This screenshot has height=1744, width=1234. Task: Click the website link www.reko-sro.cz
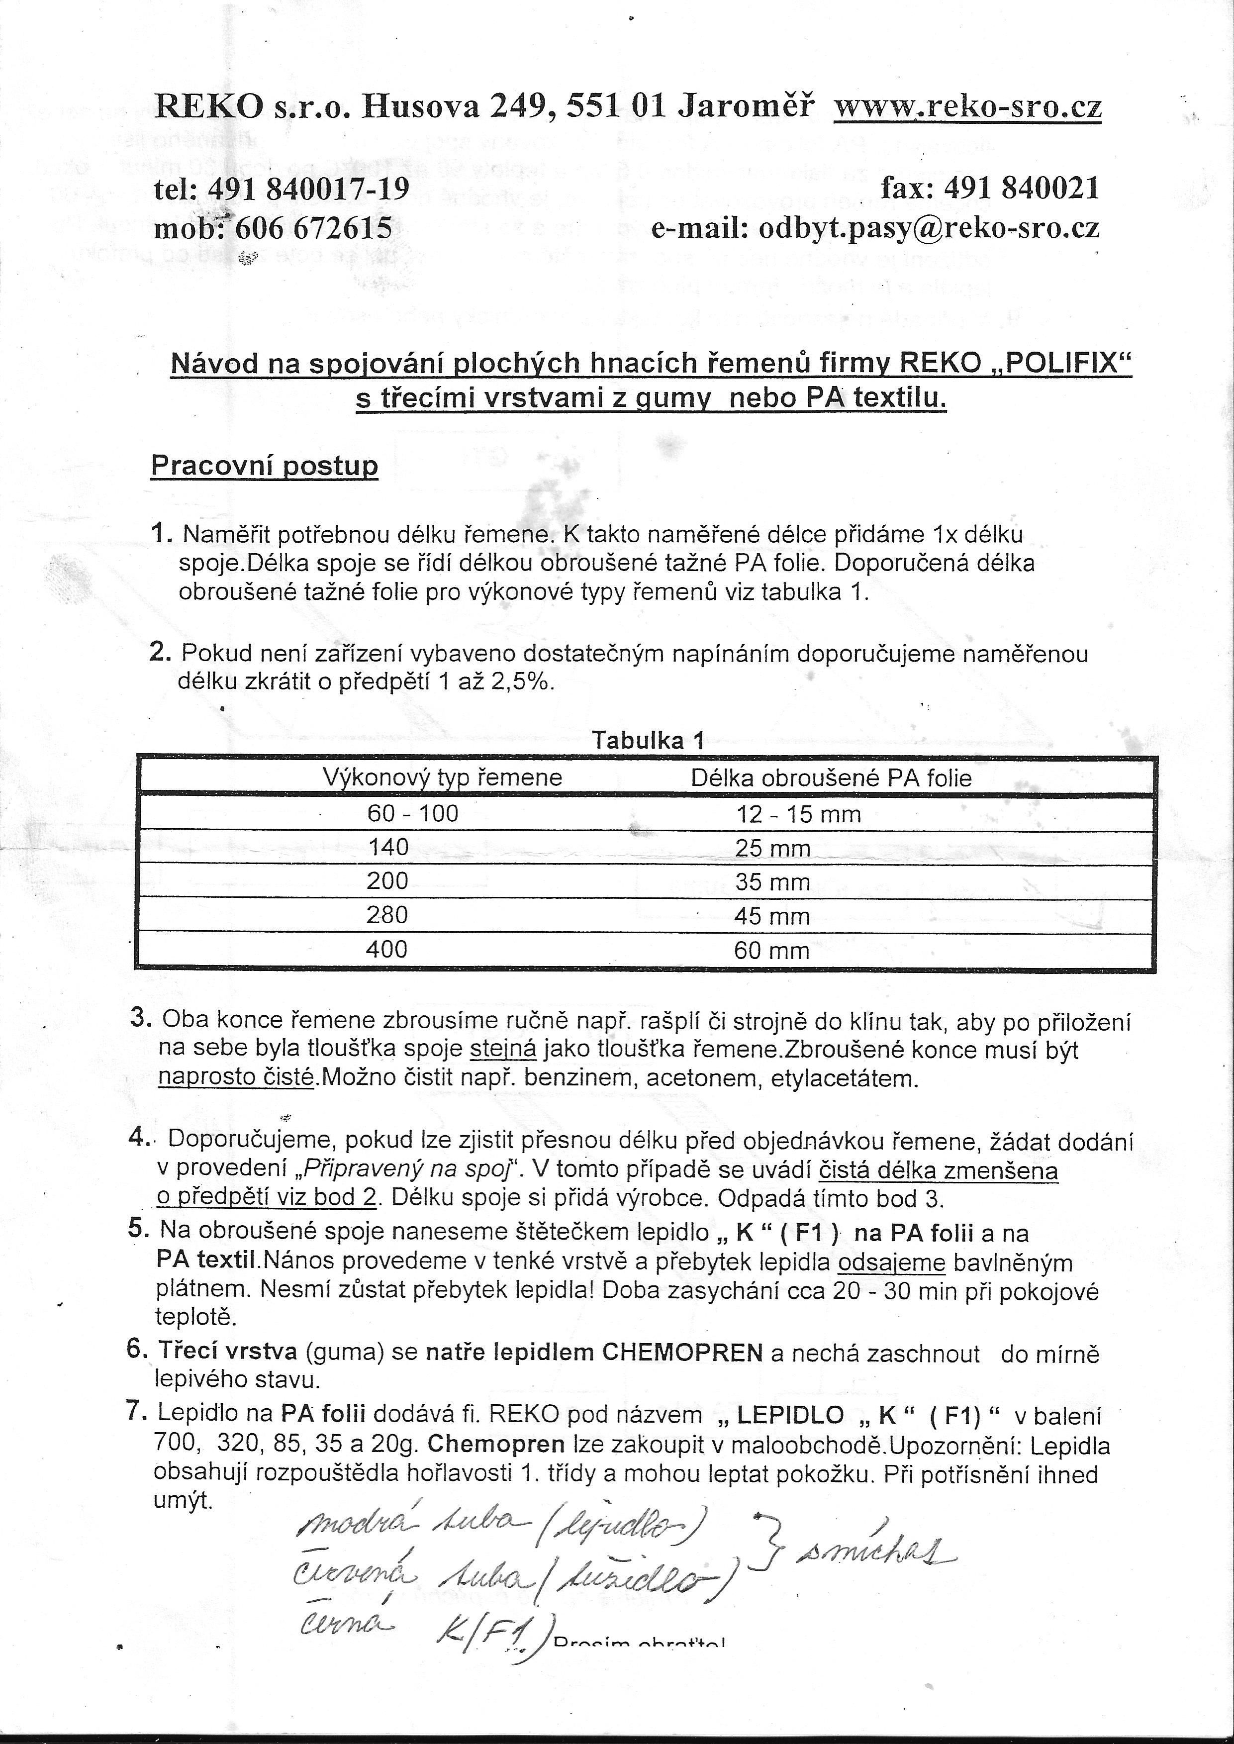point(967,107)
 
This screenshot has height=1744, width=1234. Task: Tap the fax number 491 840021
point(1021,188)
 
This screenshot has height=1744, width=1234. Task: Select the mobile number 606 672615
point(314,228)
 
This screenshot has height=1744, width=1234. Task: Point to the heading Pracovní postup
point(265,466)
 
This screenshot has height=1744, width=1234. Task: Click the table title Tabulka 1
point(648,741)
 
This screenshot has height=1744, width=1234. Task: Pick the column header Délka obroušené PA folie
point(831,778)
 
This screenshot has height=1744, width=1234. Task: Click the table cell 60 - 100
point(413,814)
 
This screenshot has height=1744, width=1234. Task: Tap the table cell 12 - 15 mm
point(798,815)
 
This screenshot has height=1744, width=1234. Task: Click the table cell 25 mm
point(772,849)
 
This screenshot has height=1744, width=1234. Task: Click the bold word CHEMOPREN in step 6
point(682,1353)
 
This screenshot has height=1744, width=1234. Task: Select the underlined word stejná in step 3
point(504,1050)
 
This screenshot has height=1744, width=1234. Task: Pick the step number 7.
point(137,1410)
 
